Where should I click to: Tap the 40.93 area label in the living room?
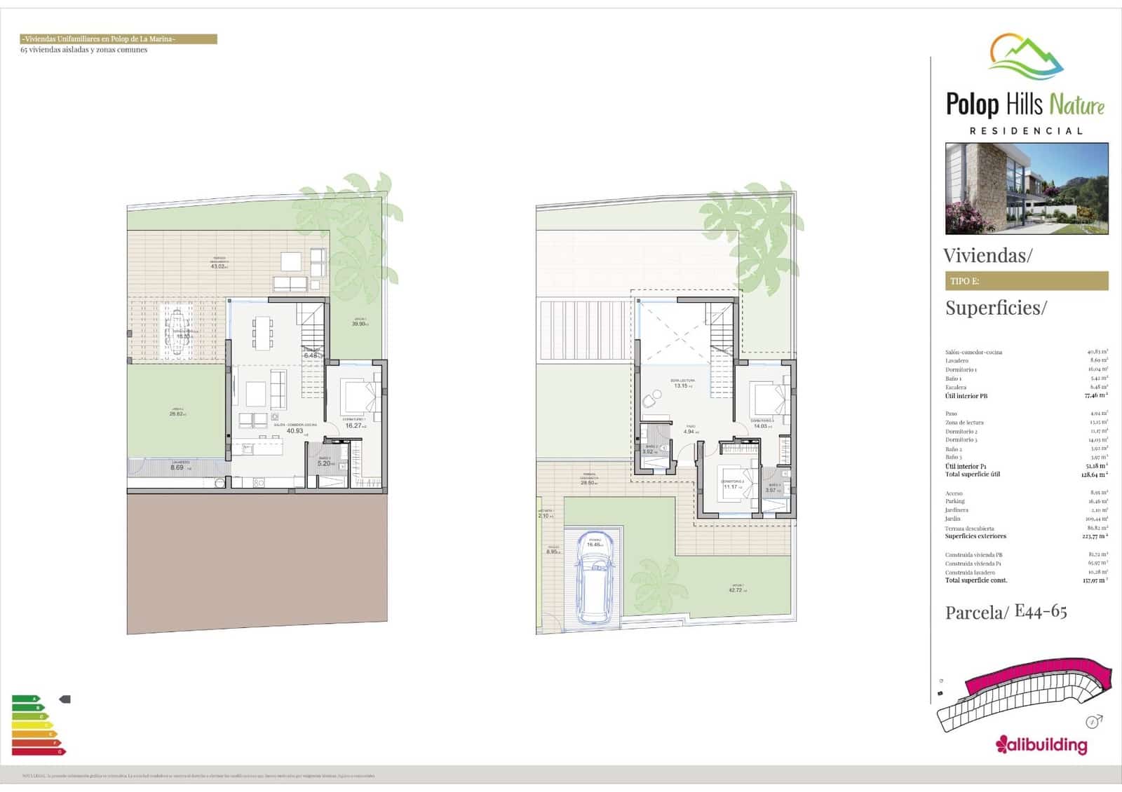pyautogui.click(x=295, y=430)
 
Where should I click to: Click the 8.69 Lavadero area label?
pyautogui.click(x=177, y=467)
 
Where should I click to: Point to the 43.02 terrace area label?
pyautogui.click(x=219, y=266)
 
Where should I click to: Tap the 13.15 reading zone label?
pyautogui.click(x=680, y=385)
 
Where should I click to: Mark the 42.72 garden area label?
pyautogui.click(x=735, y=590)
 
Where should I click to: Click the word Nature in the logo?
pyautogui.click(x=1078, y=106)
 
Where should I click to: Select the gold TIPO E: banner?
pyautogui.click(x=1026, y=281)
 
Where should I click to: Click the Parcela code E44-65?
pyautogui.click(x=1041, y=611)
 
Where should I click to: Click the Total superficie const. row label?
pyautogui.click(x=976, y=580)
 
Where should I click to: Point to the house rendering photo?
pyautogui.click(x=1027, y=189)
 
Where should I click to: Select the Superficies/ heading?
pyautogui.click(x=995, y=308)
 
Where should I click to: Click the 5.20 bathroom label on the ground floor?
pyautogui.click(x=325, y=463)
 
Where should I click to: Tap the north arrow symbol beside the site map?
pyautogui.click(x=1093, y=721)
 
